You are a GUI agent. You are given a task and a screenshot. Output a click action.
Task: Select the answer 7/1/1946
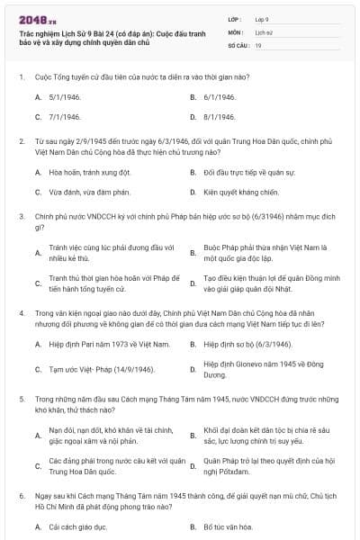pos(66,117)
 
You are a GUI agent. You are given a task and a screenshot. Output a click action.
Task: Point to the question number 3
pos(21,217)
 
